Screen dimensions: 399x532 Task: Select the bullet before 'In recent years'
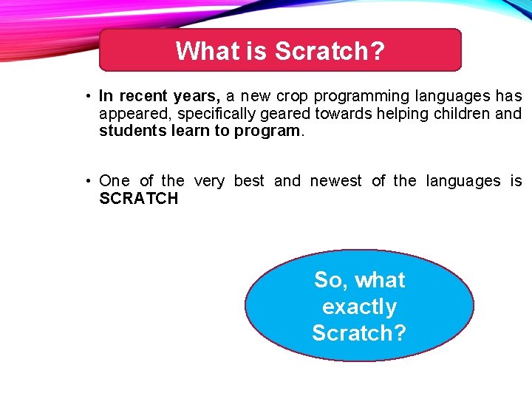87,97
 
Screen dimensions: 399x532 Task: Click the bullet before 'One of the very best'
87,181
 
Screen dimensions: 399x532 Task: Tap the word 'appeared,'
135,115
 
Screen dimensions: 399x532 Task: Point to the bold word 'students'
130,131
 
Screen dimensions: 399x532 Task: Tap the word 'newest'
336,181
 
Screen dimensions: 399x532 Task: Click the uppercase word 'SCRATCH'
139,199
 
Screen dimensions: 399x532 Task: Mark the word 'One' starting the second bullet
115,181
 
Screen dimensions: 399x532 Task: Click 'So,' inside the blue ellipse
330,280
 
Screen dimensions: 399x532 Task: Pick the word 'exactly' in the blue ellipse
359,307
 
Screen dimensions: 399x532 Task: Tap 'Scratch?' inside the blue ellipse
359,333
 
